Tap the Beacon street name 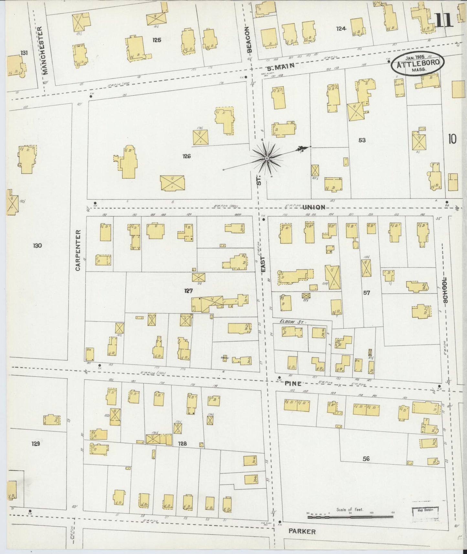[x=249, y=39]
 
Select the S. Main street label [x=281, y=66]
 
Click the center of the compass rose [x=267, y=158]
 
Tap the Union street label [x=314, y=207]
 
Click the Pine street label [x=293, y=383]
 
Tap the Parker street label [x=302, y=531]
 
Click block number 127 [x=188, y=291]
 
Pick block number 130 [x=37, y=245]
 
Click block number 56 [x=366, y=458]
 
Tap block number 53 [x=362, y=140]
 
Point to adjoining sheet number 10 [x=452, y=139]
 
